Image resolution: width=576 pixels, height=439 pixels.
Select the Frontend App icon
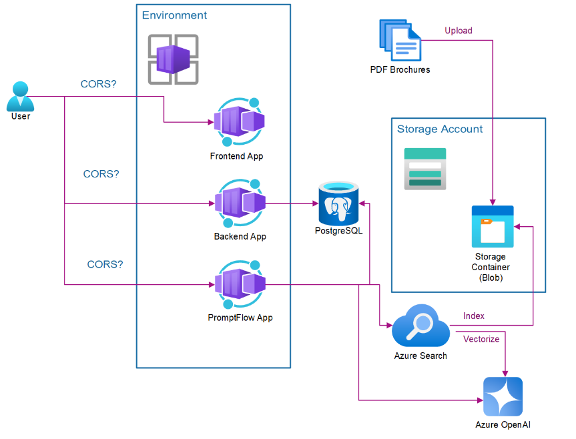[239, 122]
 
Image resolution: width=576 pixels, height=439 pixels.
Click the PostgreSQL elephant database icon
[339, 203]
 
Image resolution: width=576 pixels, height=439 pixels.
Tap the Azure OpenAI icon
[503, 397]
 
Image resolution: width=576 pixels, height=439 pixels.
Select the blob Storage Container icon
[493, 226]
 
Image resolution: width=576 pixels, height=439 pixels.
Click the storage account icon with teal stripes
[425, 169]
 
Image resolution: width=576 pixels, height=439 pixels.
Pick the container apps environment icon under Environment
[173, 59]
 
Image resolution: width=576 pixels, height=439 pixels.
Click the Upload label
[459, 31]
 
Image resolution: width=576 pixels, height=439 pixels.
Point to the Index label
[474, 316]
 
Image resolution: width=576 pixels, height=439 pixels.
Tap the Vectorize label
[481, 339]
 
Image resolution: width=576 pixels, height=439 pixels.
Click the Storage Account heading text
[440, 129]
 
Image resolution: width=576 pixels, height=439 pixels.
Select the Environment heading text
[175, 15]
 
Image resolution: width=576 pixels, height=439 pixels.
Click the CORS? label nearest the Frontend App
[99, 85]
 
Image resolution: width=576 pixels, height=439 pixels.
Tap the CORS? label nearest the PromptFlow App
[105, 265]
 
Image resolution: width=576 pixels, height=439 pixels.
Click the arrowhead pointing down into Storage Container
[493, 202]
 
